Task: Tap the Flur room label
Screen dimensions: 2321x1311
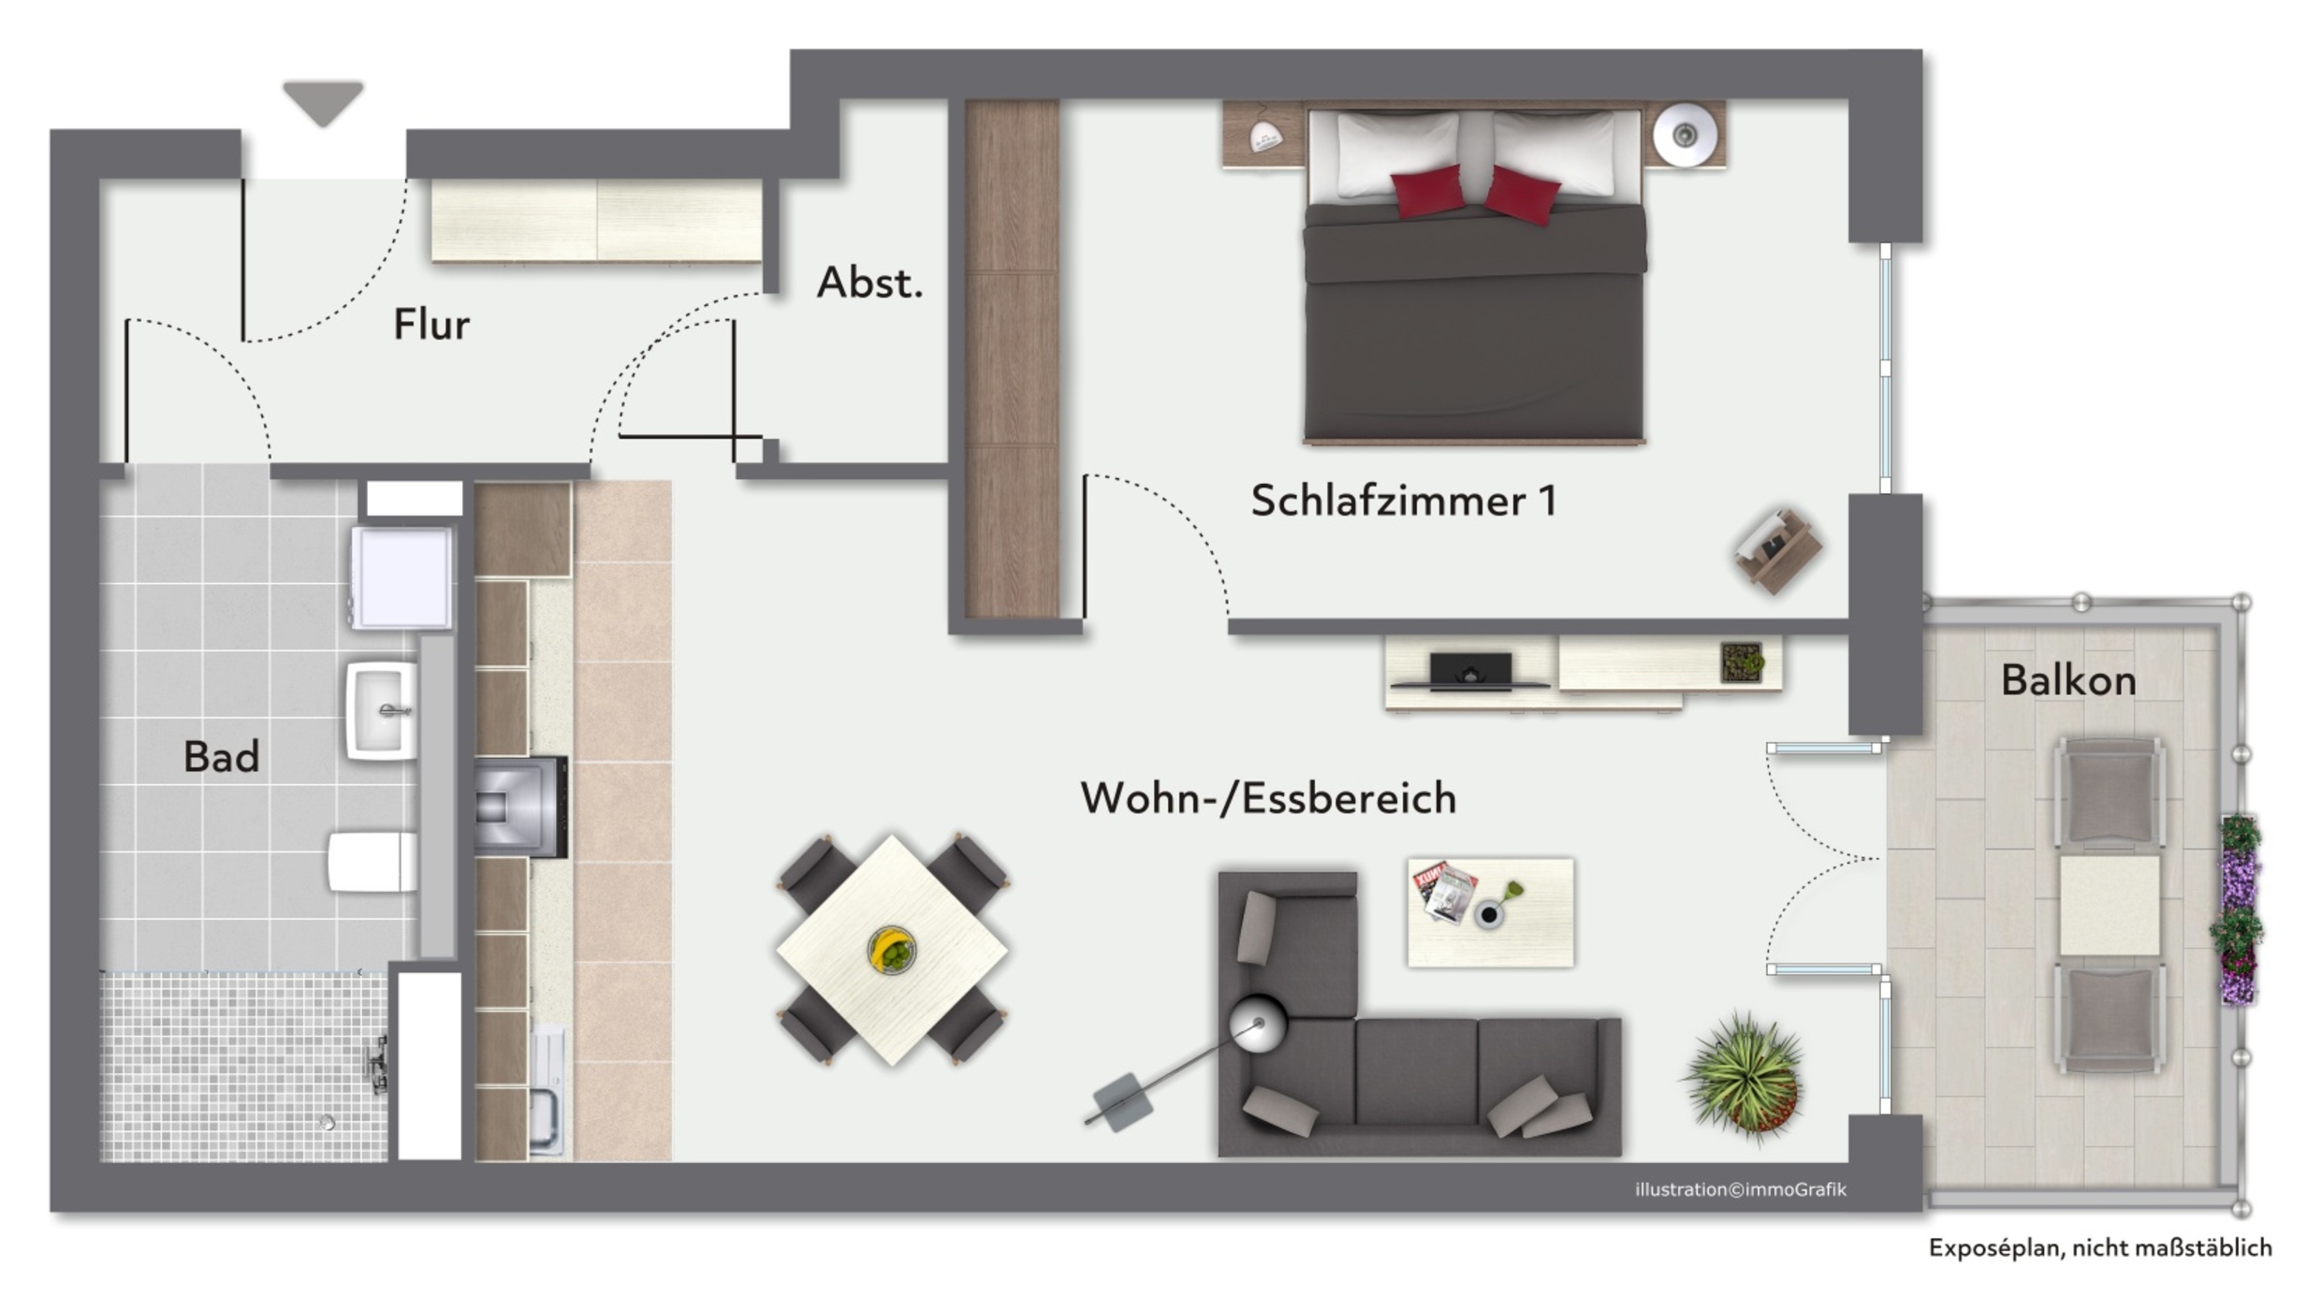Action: (431, 325)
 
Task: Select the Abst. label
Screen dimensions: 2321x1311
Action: (869, 283)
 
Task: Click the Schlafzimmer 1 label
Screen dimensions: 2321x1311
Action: (1404, 501)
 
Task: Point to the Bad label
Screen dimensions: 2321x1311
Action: (221, 757)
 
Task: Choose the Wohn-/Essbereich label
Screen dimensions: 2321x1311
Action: (1268, 798)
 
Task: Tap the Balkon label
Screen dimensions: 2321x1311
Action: (2068, 680)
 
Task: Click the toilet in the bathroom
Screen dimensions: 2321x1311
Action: (372, 862)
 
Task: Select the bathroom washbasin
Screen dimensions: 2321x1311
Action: (382, 711)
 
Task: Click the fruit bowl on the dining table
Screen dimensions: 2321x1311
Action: (891, 951)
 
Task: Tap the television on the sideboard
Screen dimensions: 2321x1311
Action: (1470, 671)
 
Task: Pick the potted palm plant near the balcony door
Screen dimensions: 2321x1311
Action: (1744, 1077)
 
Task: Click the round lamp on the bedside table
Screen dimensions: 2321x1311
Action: (1685, 136)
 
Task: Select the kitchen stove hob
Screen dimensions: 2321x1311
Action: (520, 807)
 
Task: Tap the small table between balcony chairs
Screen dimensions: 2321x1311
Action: (2109, 905)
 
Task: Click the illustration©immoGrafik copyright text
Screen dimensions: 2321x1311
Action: (1741, 1189)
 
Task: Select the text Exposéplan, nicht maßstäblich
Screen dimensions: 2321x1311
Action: (2100, 1247)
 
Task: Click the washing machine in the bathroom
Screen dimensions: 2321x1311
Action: (402, 577)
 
